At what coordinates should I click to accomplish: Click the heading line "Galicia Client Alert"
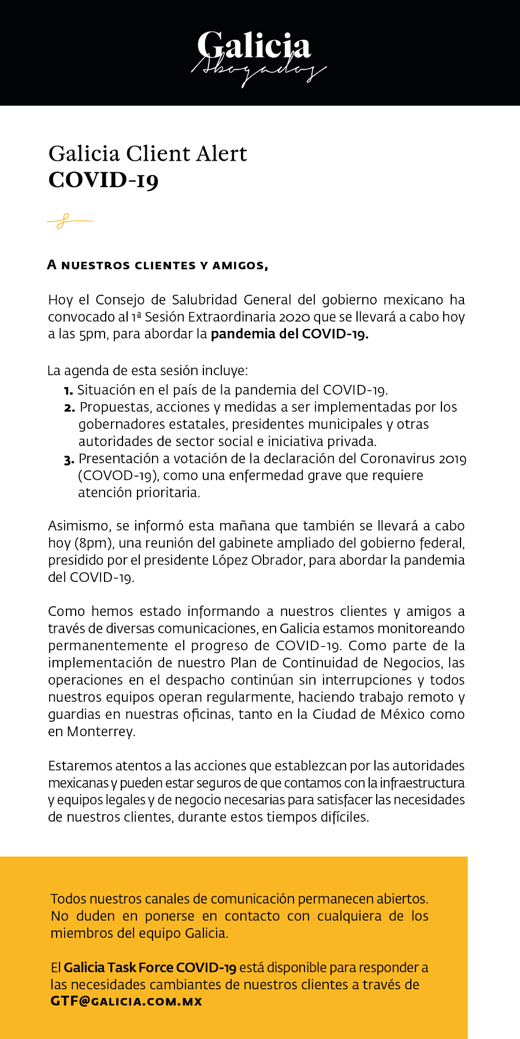[148, 154]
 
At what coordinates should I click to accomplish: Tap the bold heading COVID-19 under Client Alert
[103, 180]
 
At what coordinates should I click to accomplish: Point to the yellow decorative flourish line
[69, 220]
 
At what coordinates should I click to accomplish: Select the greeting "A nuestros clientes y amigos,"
[158, 265]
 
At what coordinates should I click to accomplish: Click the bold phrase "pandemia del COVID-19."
[289, 334]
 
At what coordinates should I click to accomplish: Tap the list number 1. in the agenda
[68, 391]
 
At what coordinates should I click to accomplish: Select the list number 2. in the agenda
[69, 408]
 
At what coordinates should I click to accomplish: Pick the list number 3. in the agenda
[69, 460]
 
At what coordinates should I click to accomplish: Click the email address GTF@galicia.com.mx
[126, 1001]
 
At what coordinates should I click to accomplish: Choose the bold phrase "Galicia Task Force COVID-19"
[150, 967]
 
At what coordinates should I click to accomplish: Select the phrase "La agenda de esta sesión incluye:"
[148, 370]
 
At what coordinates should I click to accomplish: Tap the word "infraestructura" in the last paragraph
[422, 783]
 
